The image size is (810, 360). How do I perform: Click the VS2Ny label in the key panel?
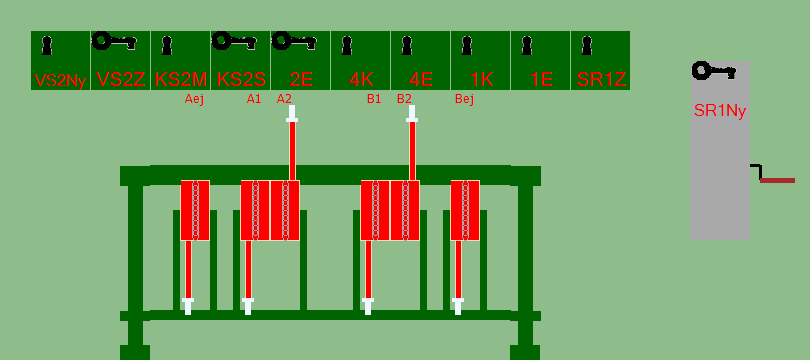click(60, 81)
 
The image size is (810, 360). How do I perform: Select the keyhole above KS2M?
click(166, 45)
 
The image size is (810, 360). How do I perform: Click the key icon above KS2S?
click(236, 41)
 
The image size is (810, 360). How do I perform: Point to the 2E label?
click(301, 80)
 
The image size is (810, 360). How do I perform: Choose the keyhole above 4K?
click(347, 45)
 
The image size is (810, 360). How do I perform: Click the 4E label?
click(420, 80)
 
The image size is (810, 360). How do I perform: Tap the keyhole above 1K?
click(466, 45)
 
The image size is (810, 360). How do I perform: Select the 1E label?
click(541, 80)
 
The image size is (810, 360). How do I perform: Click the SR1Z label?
click(601, 80)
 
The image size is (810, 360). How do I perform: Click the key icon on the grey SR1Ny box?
click(714, 71)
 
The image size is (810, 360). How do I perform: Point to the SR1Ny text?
click(720, 111)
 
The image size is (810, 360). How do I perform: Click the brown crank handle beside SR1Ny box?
click(777, 180)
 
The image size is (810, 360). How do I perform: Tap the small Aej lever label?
click(194, 99)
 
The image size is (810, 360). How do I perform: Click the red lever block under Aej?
click(195, 210)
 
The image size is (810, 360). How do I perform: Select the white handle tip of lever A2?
click(292, 114)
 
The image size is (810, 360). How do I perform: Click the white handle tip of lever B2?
click(412, 114)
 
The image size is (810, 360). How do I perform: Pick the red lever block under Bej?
click(465, 210)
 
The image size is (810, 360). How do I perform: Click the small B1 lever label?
click(374, 99)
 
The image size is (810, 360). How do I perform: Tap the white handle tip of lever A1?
click(248, 306)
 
